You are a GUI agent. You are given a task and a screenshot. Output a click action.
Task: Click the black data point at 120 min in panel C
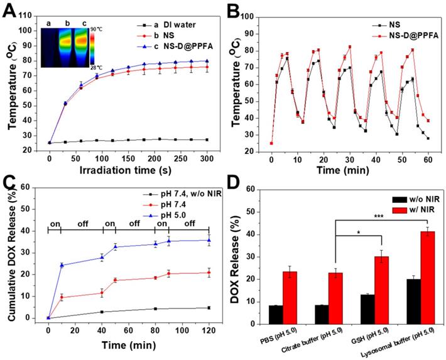209,307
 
